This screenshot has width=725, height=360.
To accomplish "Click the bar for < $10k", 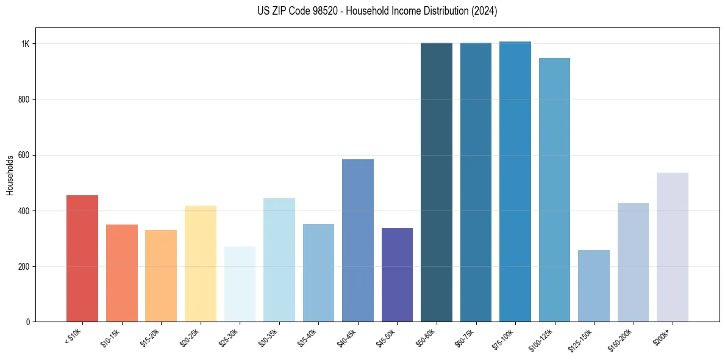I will pos(82,258).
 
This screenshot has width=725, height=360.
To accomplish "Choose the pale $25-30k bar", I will pos(240,284).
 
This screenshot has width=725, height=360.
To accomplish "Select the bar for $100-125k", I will pos(554,190).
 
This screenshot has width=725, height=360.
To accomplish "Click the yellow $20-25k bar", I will pos(201,264).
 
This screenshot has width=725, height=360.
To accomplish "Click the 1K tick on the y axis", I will pos(26,44).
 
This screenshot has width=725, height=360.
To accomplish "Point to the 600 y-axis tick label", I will pos(24,155).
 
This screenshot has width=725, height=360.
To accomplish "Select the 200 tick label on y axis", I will pos(24,266).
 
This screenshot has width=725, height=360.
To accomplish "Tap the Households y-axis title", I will pos(10,175).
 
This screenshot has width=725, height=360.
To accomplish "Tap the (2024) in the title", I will pos(484,11).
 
